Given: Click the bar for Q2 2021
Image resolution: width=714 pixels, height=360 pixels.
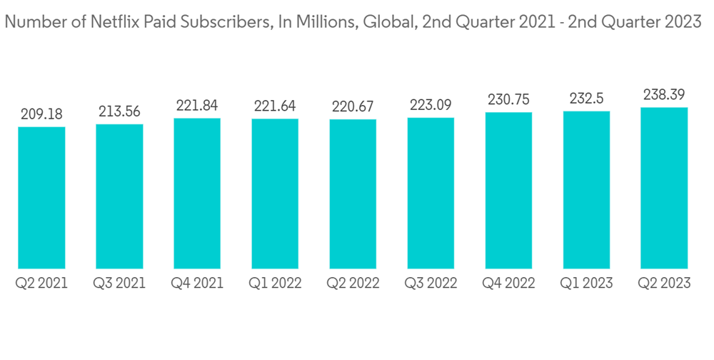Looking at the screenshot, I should pyautogui.click(x=41, y=197).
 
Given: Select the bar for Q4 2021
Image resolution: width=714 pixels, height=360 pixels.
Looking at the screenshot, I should pyautogui.click(x=197, y=193).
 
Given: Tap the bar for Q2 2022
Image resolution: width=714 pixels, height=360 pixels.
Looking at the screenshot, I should pyautogui.click(x=353, y=194).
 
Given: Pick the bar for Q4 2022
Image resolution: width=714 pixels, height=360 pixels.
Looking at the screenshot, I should pyautogui.click(x=508, y=190).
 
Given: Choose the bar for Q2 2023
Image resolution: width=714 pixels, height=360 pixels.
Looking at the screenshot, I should pyautogui.click(x=664, y=188).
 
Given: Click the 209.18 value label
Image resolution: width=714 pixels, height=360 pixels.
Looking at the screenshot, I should pyautogui.click(x=41, y=114).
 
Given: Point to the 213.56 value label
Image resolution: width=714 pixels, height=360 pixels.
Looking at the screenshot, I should pyautogui.click(x=119, y=111).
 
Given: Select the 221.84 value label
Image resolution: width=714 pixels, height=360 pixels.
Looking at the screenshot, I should pyautogui.click(x=197, y=106).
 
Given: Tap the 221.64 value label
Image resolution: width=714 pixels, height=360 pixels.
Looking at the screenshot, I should pyautogui.click(x=275, y=106).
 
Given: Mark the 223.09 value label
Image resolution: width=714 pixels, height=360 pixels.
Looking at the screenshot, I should pyautogui.click(x=431, y=105).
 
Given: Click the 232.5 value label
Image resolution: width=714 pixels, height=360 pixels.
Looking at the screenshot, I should pyautogui.click(x=586, y=99).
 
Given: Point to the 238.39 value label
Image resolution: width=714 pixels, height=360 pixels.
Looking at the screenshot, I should pyautogui.click(x=664, y=95).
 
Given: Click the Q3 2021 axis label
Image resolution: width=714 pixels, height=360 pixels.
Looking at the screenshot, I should pyautogui.click(x=119, y=284).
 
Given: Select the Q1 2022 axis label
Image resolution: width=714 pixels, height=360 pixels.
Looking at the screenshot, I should pyautogui.click(x=275, y=284).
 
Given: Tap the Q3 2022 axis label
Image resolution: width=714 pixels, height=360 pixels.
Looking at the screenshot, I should pyautogui.click(x=431, y=284).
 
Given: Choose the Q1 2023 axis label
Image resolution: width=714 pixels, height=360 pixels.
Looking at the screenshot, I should pyautogui.click(x=586, y=284).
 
